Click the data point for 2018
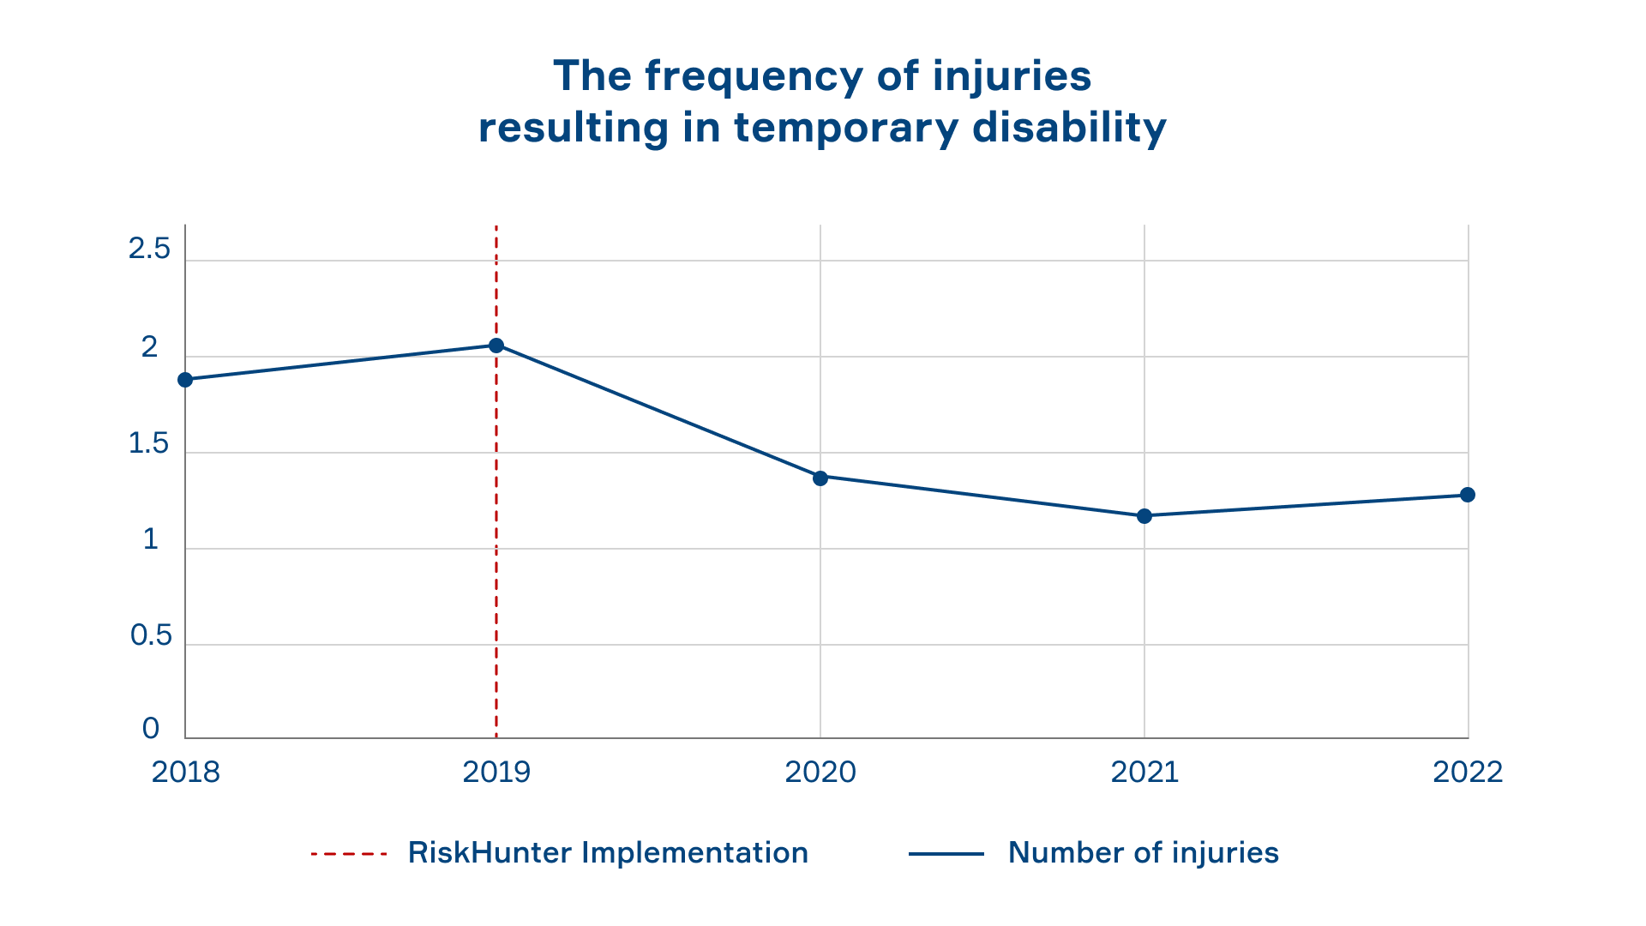pyautogui.click(x=185, y=380)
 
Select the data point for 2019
pyautogui.click(x=496, y=346)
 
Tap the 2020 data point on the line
pyautogui.click(x=820, y=478)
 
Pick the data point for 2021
pyautogui.click(x=1144, y=516)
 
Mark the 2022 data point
pyautogui.click(x=1468, y=495)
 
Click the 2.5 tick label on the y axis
pyautogui.click(x=149, y=250)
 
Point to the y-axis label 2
pyautogui.click(x=150, y=347)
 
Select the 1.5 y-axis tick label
pyautogui.click(x=149, y=443)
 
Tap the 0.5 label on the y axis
pyautogui.click(x=151, y=635)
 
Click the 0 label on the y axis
pyautogui.click(x=151, y=729)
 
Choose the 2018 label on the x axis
pyautogui.click(x=186, y=773)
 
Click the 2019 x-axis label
pyautogui.click(x=496, y=773)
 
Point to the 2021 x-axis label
pyautogui.click(x=1144, y=773)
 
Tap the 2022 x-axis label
pyautogui.click(x=1468, y=773)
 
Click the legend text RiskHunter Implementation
pyautogui.click(x=608, y=853)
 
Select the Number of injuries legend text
pyautogui.click(x=1144, y=853)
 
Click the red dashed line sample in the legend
pyautogui.click(x=349, y=854)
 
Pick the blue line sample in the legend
pyautogui.click(x=946, y=854)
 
